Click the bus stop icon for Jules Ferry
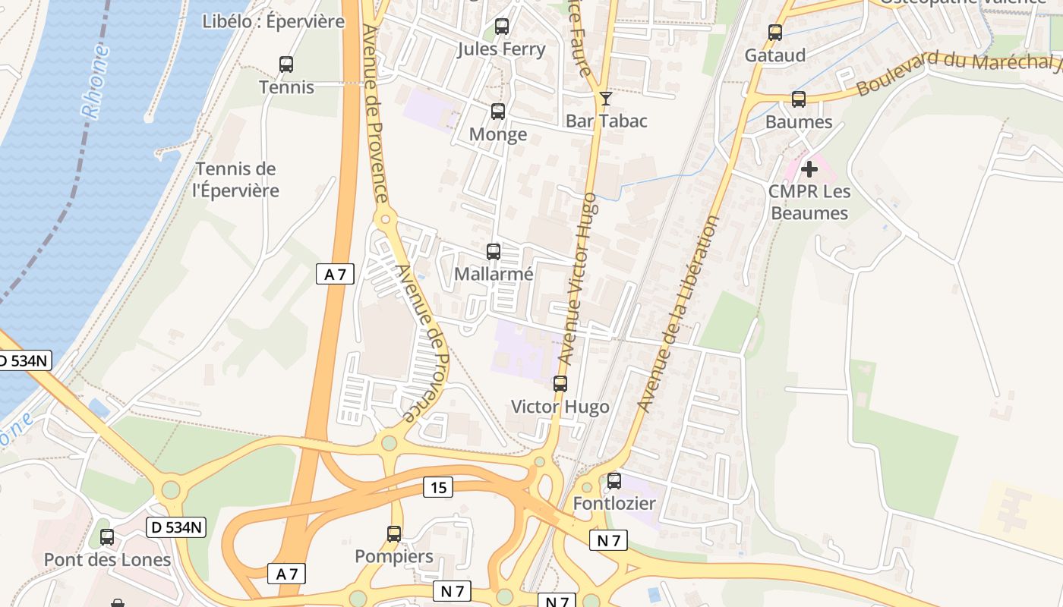coord(502,27)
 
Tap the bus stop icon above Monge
coord(498,112)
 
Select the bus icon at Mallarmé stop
coord(494,251)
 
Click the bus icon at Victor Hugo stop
coord(560,384)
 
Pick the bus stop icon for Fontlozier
coord(614,480)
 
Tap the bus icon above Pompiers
coord(394,533)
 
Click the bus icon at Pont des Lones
coord(107,537)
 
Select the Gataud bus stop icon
coord(775,33)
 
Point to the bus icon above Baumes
coord(799,99)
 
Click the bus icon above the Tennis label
coord(286,64)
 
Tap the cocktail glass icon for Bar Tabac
coord(606,99)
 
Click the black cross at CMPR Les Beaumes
coord(809,168)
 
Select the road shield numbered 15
coord(438,487)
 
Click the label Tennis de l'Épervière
coord(236,180)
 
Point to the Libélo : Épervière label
coord(273,21)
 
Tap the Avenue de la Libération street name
coord(679,314)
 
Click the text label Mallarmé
coord(494,274)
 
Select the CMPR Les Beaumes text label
coord(809,202)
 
